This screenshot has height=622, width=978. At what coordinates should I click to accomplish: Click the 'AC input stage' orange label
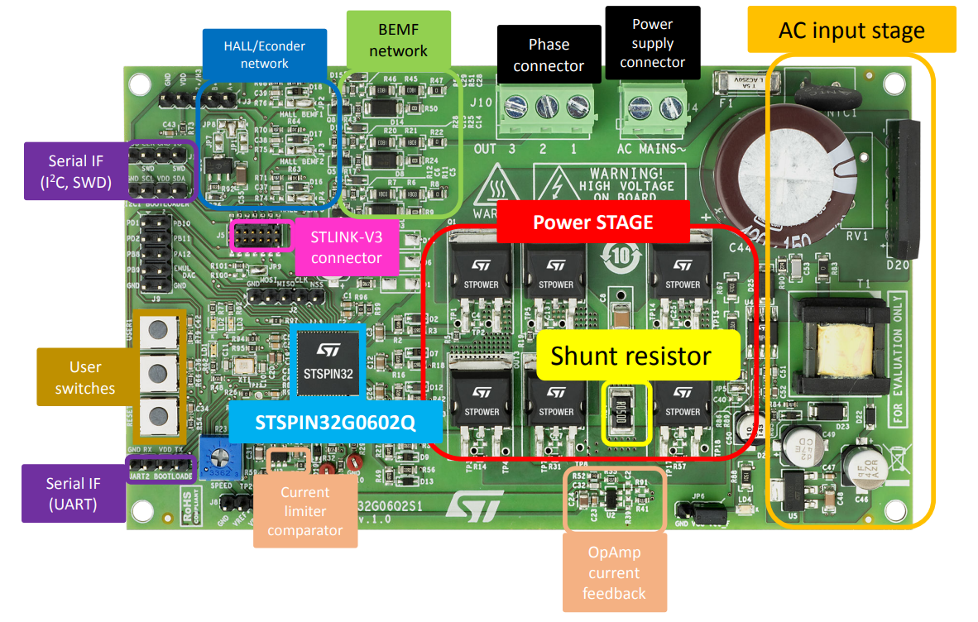[851, 31]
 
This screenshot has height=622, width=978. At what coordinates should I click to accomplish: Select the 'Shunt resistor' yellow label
[630, 356]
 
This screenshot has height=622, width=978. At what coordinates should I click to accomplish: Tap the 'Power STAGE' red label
[592, 222]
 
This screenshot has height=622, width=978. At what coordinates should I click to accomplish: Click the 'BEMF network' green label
[398, 41]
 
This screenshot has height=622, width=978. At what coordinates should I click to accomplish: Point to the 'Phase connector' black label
[549, 55]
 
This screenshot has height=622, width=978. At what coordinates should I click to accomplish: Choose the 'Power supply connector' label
[652, 43]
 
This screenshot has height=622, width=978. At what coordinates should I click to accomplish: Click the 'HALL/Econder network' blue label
[265, 55]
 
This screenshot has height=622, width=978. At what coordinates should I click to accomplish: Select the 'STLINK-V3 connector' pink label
[347, 247]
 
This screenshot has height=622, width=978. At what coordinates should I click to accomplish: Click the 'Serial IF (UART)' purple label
[74, 494]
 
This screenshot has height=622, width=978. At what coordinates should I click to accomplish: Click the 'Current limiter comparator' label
[304, 511]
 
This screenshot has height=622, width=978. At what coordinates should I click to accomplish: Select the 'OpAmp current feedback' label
[614, 572]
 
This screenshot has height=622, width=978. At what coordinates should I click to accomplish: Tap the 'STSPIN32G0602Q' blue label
[335, 423]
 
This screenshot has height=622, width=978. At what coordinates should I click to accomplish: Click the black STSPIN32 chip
[328, 364]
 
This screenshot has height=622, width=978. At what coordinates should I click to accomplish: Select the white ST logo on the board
[475, 505]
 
